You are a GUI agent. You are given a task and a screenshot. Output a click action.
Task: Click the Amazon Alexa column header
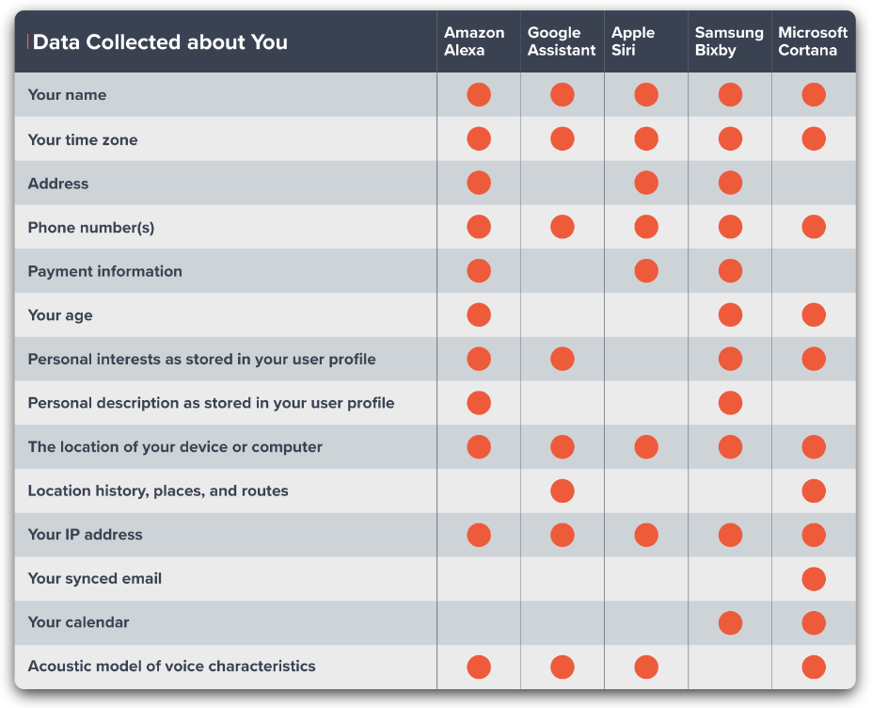click(474, 41)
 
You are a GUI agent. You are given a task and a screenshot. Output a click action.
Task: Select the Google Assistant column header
click(562, 41)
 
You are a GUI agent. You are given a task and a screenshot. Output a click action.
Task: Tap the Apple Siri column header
click(633, 41)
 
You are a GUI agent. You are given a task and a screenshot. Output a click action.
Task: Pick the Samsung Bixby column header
click(729, 41)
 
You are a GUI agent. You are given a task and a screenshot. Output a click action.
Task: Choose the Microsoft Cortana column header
click(813, 41)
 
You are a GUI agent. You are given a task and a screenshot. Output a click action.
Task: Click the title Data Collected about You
click(160, 42)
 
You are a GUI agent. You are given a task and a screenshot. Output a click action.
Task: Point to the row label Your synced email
click(95, 578)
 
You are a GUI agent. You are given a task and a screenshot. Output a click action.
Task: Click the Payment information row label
click(105, 271)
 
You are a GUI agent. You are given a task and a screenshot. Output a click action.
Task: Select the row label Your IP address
click(85, 535)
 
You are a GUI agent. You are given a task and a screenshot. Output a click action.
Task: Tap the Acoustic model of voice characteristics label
click(172, 667)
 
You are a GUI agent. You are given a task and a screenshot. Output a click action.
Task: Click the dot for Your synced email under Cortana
click(814, 579)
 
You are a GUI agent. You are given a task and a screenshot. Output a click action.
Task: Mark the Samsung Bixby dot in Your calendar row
click(730, 623)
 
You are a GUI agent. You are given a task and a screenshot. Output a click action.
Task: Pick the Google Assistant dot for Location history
click(563, 491)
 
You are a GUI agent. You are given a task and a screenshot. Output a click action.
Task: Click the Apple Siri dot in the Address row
click(646, 183)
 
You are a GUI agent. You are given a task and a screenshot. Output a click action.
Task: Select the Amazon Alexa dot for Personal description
click(479, 403)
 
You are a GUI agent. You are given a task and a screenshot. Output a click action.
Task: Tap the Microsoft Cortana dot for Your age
click(814, 315)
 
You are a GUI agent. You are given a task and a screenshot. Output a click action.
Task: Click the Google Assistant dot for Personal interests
click(563, 359)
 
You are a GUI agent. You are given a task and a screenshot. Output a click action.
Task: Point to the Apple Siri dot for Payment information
click(646, 271)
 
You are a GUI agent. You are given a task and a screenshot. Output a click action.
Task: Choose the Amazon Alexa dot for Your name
click(479, 95)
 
